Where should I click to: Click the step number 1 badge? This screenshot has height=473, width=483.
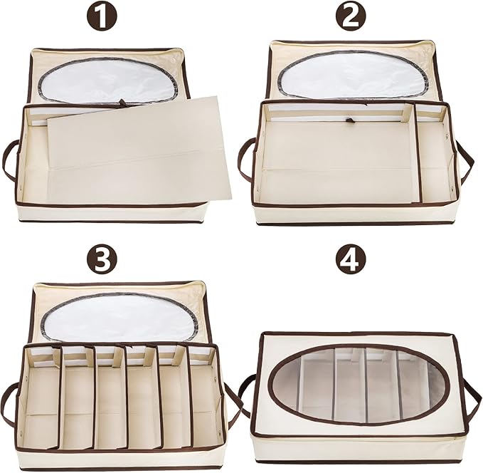tap(102, 16)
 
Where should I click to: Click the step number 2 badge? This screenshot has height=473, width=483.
tap(351, 16)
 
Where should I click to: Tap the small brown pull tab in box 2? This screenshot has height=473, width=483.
tap(349, 120)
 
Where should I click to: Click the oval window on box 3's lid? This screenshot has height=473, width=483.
tap(120, 315)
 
